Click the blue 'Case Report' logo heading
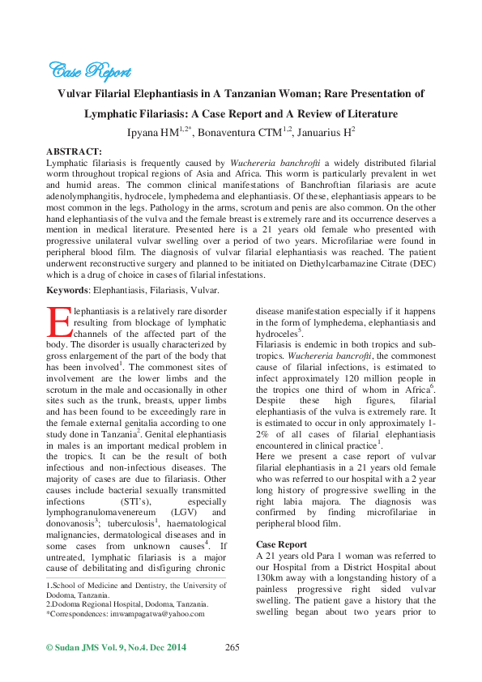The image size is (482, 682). [84, 70]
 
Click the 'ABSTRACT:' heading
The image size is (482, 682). [74, 151]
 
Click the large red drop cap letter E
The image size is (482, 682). [59, 322]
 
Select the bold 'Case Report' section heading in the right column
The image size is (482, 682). [281, 544]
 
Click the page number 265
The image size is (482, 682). [233, 647]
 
